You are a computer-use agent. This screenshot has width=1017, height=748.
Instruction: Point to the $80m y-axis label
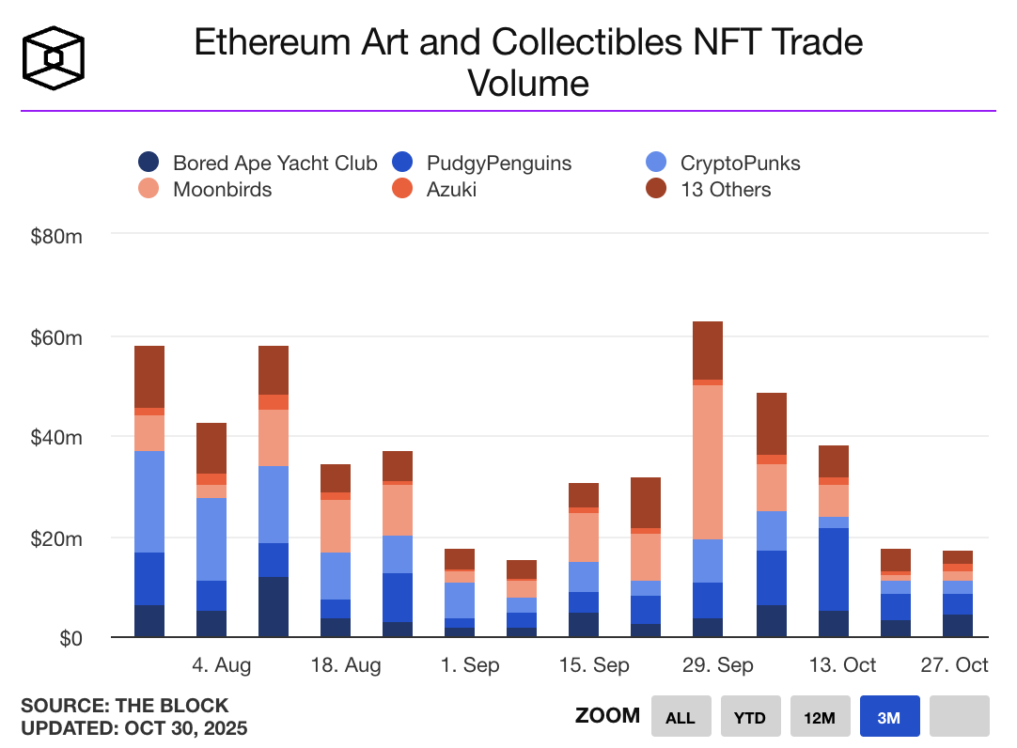(x=56, y=235)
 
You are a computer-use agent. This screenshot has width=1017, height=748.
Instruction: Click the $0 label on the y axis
(x=70, y=638)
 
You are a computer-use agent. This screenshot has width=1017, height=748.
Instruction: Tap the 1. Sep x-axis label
(x=470, y=665)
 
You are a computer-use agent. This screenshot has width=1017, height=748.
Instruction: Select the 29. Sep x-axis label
(x=717, y=665)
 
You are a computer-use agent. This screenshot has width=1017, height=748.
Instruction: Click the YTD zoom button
(x=749, y=717)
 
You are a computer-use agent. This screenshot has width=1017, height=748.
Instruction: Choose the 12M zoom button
(x=819, y=717)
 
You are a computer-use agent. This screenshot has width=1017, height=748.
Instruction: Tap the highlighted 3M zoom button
(x=888, y=717)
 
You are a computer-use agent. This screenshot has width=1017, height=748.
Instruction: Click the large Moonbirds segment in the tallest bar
(x=708, y=461)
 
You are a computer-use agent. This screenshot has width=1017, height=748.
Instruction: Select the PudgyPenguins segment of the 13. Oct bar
(x=833, y=569)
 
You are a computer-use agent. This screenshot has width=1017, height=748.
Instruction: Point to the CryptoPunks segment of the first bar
(x=149, y=502)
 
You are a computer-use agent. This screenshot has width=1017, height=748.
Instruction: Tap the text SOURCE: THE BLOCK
(x=125, y=706)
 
